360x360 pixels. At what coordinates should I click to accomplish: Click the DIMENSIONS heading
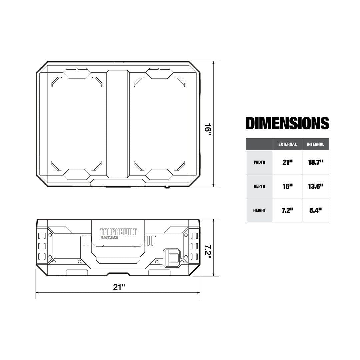pos(287,123)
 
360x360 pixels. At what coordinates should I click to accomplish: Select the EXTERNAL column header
pos(287,144)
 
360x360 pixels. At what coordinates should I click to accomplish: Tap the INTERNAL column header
pos(315,144)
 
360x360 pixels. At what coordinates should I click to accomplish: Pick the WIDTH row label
pos(259,162)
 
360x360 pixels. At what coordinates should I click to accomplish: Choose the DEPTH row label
pos(259,186)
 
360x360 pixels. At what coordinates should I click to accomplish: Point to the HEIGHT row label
pos(259,210)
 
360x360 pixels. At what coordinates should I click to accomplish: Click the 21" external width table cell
pos(287,162)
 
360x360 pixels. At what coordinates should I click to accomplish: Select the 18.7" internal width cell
pos(315,162)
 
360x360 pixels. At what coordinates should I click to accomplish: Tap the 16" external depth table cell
pos(287,186)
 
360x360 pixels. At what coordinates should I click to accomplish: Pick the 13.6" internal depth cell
pos(315,186)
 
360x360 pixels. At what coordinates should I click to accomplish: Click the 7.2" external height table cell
pos(287,210)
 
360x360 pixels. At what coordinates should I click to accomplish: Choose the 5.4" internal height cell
pos(315,210)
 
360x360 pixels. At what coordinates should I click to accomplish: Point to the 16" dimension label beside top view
pos(208,129)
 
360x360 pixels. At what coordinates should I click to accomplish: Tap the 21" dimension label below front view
pos(119,287)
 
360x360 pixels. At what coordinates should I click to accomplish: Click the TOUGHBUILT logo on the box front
pos(118,232)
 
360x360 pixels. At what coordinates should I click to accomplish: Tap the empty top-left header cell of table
pos(259,144)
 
